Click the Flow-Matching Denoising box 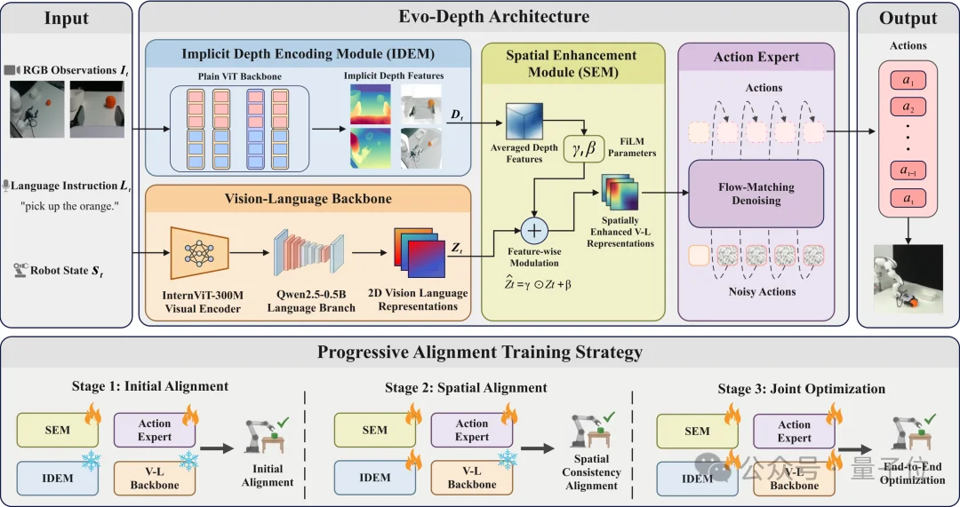point(756,194)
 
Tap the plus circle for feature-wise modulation point(535,231)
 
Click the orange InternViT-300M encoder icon point(200,253)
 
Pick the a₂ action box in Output point(908,107)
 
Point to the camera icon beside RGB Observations point(12,70)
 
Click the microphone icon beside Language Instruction point(6,186)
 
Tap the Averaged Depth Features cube point(524,121)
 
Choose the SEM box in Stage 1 point(58,430)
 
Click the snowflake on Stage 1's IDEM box point(91,461)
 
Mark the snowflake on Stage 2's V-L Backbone point(508,459)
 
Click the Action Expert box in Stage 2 point(472,430)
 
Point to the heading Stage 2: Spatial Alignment point(466,388)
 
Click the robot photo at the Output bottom point(908,278)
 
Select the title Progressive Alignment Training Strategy point(479,353)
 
